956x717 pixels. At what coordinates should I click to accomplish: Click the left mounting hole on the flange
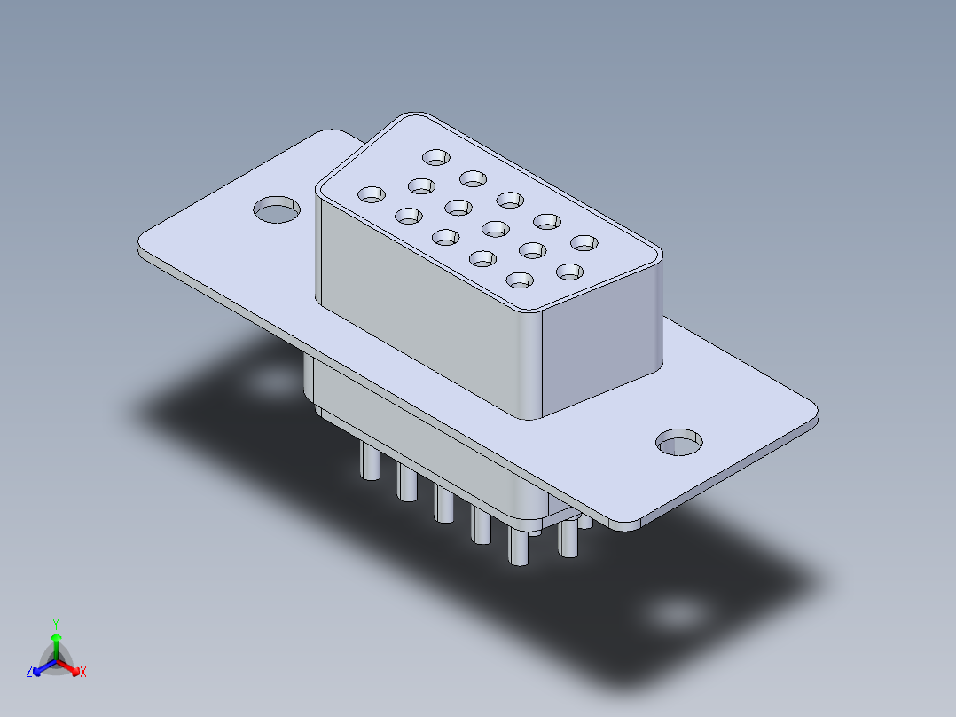(277, 211)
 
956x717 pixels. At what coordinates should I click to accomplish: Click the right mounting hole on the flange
(679, 442)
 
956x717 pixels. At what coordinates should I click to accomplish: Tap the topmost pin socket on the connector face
(436, 157)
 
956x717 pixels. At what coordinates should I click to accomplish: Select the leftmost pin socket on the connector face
(372, 193)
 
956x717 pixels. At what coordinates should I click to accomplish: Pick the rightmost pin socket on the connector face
(584, 242)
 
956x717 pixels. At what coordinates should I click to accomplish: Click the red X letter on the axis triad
(83, 673)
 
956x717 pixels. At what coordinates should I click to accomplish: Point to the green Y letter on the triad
(55, 624)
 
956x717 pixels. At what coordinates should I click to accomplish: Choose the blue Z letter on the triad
(29, 673)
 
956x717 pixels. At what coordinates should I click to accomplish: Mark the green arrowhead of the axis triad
(56, 638)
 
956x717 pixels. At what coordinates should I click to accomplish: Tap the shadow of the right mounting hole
(673, 613)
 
